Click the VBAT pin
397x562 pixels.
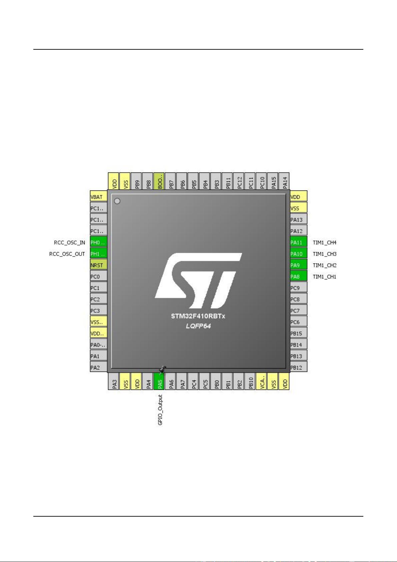(98, 197)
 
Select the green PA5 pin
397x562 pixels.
(160, 381)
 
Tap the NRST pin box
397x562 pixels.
(98, 265)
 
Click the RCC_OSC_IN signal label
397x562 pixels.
(69, 242)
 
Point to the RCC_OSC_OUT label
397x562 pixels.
(67, 254)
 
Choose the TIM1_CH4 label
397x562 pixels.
(324, 242)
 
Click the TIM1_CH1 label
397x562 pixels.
(324, 276)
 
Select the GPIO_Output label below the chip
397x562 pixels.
(160, 410)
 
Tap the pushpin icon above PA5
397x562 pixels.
(162, 369)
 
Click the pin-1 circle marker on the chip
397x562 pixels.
(117, 201)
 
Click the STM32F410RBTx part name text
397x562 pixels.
(198, 316)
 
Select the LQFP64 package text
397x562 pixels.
(198, 326)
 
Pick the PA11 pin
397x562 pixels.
(298, 242)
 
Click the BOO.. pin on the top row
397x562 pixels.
(160, 181)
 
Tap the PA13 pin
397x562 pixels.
(298, 219)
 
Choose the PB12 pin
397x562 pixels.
(298, 368)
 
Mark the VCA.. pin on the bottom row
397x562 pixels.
(262, 381)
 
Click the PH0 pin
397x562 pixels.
(98, 242)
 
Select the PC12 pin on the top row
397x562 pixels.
(239, 181)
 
